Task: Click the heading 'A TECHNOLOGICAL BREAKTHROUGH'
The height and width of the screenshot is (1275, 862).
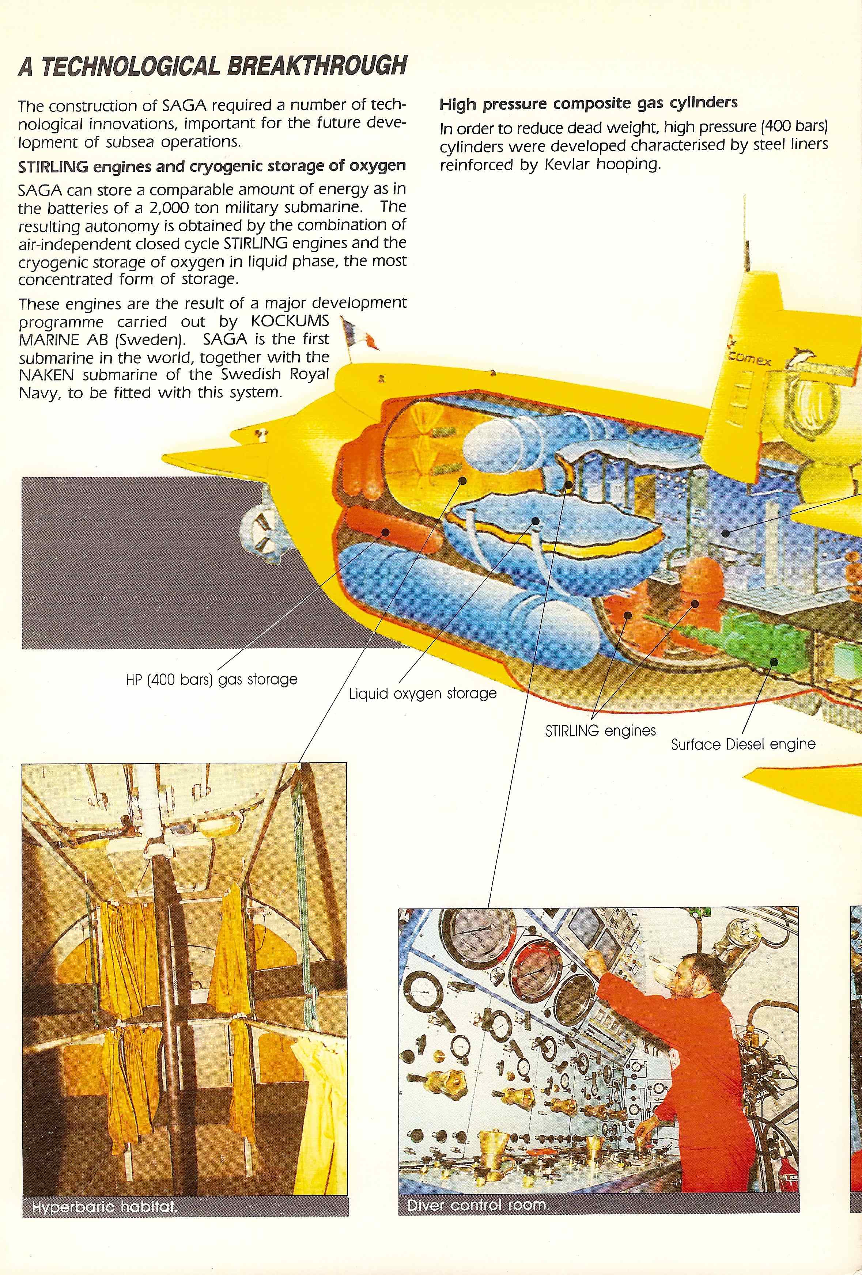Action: (x=212, y=66)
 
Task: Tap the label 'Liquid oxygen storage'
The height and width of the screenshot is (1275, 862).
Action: (x=423, y=694)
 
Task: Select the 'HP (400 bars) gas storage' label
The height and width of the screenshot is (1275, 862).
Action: (x=211, y=680)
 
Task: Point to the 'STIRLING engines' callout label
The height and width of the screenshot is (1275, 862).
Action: (x=600, y=731)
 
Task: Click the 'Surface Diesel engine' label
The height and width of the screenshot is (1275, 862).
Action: (x=743, y=744)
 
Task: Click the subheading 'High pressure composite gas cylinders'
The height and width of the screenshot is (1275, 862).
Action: (x=589, y=103)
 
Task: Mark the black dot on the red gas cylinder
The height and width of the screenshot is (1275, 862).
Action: (x=386, y=532)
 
